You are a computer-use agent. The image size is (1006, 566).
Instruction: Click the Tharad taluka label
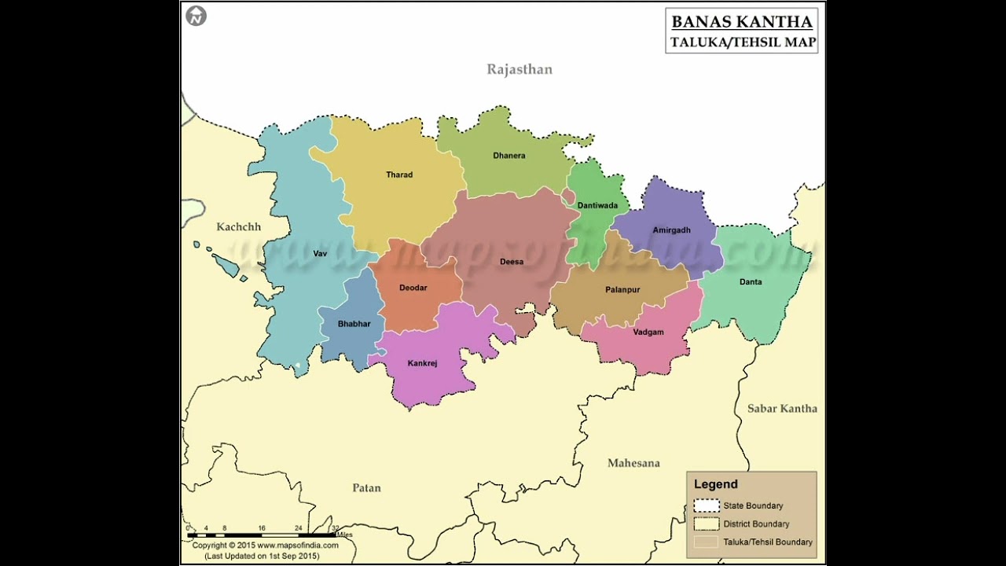[399, 175]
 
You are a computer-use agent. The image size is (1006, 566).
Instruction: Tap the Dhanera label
[509, 156]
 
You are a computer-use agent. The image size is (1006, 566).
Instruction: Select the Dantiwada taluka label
[597, 205]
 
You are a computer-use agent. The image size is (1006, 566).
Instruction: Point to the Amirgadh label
[671, 230]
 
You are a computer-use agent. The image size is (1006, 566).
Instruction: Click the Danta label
[751, 281]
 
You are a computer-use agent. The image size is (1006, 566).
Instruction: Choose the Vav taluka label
[320, 253]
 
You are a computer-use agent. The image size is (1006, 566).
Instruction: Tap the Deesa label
[512, 262]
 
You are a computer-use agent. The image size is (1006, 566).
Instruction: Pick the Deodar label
[413, 288]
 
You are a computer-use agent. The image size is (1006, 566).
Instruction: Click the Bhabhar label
[354, 324]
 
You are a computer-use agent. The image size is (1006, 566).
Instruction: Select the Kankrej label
[422, 363]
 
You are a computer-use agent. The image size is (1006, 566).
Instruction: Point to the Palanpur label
[622, 289]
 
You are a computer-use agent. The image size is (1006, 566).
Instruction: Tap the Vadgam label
[648, 332]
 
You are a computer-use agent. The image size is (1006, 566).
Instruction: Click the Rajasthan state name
[520, 69]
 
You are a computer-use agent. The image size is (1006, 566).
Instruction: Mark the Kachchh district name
[238, 227]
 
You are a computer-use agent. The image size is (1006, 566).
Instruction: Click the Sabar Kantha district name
[782, 408]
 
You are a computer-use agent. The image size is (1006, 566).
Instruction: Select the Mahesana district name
[633, 463]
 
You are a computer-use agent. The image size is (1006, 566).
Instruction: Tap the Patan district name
[366, 487]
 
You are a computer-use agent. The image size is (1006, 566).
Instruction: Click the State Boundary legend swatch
[707, 505]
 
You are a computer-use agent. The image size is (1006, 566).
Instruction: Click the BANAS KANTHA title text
[742, 22]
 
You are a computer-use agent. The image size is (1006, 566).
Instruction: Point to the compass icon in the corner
[196, 16]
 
